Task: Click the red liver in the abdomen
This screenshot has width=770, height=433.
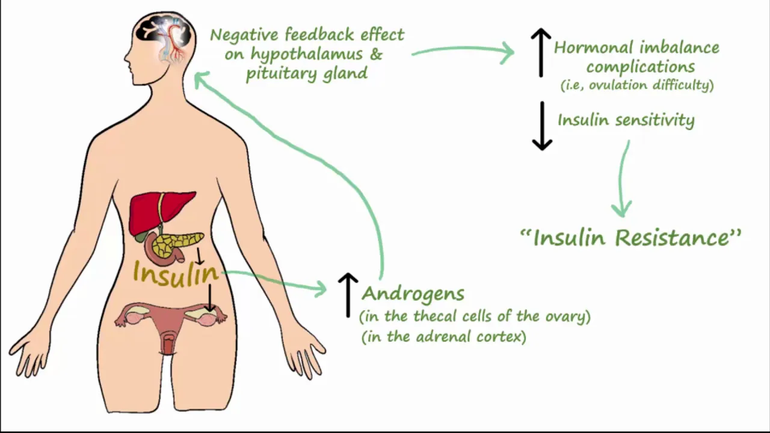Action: pos(156,210)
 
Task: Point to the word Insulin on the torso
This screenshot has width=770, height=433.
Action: pos(175,274)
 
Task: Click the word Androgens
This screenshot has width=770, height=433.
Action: pos(413,293)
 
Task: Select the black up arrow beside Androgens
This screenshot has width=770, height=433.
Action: pos(348,294)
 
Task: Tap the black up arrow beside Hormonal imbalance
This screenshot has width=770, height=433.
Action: pos(541,53)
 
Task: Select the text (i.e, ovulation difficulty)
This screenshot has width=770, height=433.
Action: pos(637,85)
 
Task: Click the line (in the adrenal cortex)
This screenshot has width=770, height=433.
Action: pos(444,337)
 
